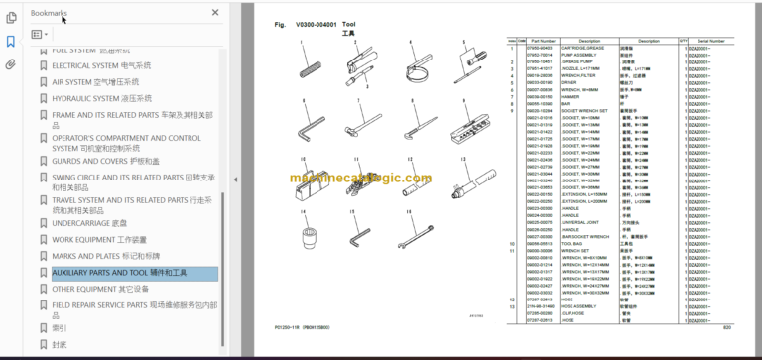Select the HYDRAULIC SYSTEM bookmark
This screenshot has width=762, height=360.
101,98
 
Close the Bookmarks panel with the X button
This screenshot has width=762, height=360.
216,13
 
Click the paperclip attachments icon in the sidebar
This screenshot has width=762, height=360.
11,64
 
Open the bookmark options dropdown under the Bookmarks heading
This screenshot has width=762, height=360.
40,34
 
